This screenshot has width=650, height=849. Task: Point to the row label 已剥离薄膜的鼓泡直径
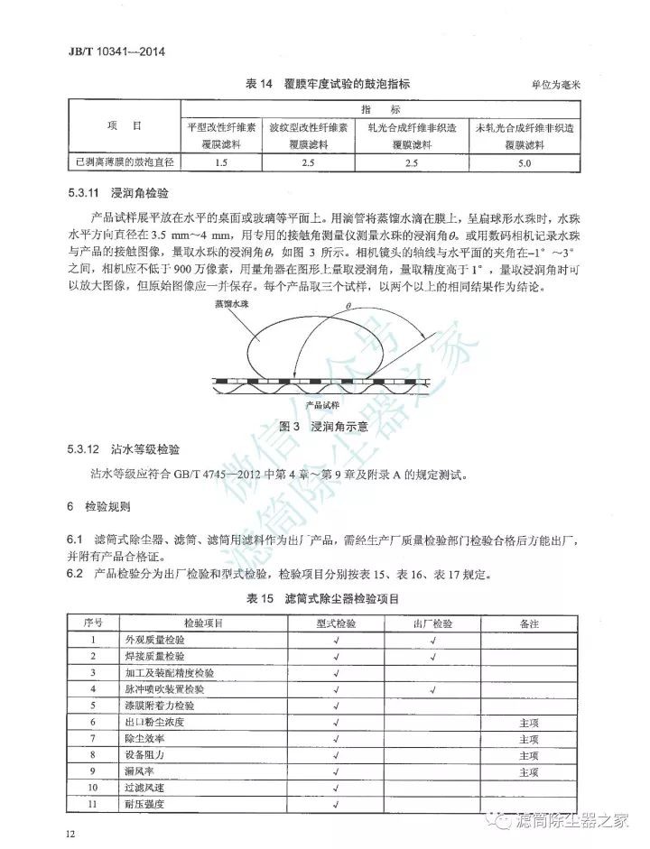(x=125, y=163)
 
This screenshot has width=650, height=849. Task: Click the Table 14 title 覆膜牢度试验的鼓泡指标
(x=308, y=84)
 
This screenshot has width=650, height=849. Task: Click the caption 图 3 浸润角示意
(x=325, y=426)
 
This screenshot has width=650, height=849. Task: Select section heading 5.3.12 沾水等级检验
(x=125, y=448)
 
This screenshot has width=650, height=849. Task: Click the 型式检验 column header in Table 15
(x=335, y=623)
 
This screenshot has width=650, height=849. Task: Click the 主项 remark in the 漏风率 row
(x=529, y=771)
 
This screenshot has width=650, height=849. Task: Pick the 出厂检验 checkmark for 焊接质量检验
(x=432, y=657)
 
